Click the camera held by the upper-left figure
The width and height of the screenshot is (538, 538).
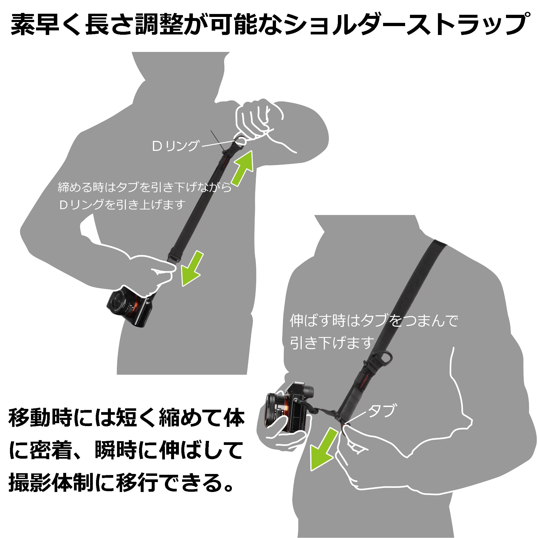point(131,308)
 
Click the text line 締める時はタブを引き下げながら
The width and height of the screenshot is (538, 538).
point(144,187)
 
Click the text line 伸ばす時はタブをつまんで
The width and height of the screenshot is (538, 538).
point(374,321)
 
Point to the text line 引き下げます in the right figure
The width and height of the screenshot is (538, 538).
point(332,343)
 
